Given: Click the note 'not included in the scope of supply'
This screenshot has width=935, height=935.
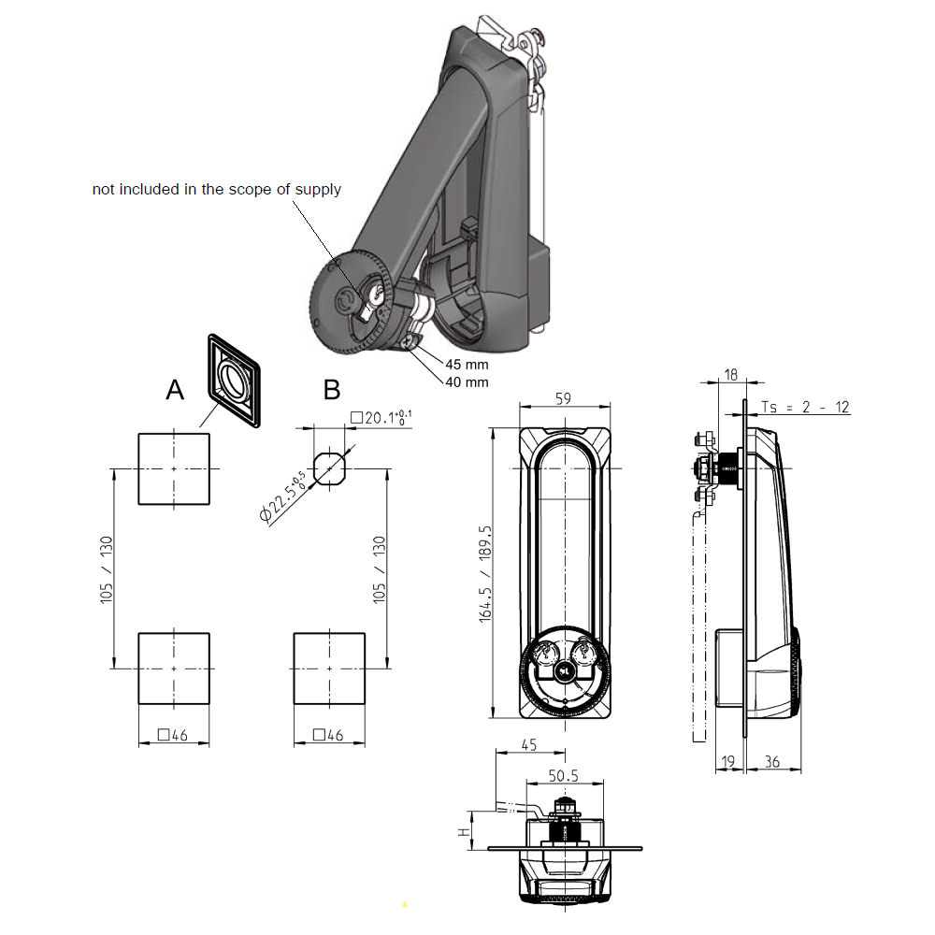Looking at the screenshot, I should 216,190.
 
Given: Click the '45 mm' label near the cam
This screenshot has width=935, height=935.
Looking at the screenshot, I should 466,365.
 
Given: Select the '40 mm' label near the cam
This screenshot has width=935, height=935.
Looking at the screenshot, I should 466,381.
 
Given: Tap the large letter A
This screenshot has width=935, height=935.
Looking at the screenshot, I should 175,391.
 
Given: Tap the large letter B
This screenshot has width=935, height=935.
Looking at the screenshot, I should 332,390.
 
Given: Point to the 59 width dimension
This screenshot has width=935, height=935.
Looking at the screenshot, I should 564,397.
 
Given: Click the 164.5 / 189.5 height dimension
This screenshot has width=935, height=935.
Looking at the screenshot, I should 484,573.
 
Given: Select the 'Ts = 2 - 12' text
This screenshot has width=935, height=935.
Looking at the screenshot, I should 806,407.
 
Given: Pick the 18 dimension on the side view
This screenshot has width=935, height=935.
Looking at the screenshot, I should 730,374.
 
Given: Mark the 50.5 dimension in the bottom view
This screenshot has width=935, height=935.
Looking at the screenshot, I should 564,775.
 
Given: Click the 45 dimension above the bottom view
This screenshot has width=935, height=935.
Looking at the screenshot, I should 527,745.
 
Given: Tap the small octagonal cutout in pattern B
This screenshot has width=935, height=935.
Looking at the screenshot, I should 329,467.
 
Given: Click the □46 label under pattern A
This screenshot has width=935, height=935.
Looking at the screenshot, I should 174,735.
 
